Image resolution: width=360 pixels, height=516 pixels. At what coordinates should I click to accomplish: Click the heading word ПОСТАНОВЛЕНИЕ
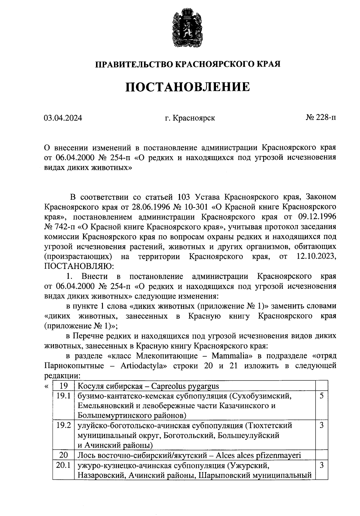pyautogui.click(x=187, y=87)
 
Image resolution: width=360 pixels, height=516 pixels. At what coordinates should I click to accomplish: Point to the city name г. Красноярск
pyautogui.click(x=190, y=118)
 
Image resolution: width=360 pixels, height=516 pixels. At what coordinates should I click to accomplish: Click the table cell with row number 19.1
pyautogui.click(x=63, y=396)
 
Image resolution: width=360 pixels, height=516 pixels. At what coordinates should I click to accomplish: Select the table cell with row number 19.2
pyautogui.click(x=63, y=425)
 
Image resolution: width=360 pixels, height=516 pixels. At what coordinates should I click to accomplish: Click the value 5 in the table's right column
pyautogui.click(x=322, y=396)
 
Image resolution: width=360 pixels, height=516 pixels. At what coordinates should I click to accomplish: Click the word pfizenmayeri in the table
pyautogui.click(x=279, y=455)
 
